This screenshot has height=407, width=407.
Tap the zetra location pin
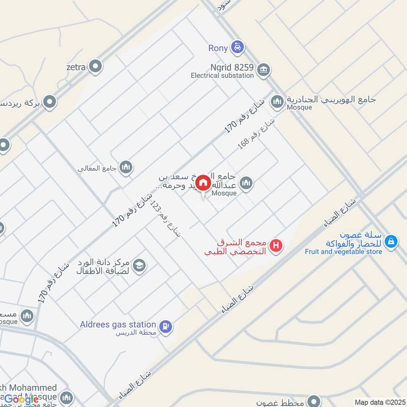coord(95,66)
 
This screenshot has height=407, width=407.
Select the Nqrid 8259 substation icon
coord(263,69)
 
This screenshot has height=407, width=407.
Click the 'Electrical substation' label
coord(222,76)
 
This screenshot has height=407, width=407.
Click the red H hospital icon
coord(276,246)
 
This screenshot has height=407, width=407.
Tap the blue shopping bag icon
coord(391,242)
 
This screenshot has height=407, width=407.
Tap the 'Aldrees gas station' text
coord(118,324)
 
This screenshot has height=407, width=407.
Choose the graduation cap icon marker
coord(139,265)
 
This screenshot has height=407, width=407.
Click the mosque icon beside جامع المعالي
coord(127,166)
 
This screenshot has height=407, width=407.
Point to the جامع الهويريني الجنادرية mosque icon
coord(277,102)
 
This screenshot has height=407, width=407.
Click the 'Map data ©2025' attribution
coord(378,402)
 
